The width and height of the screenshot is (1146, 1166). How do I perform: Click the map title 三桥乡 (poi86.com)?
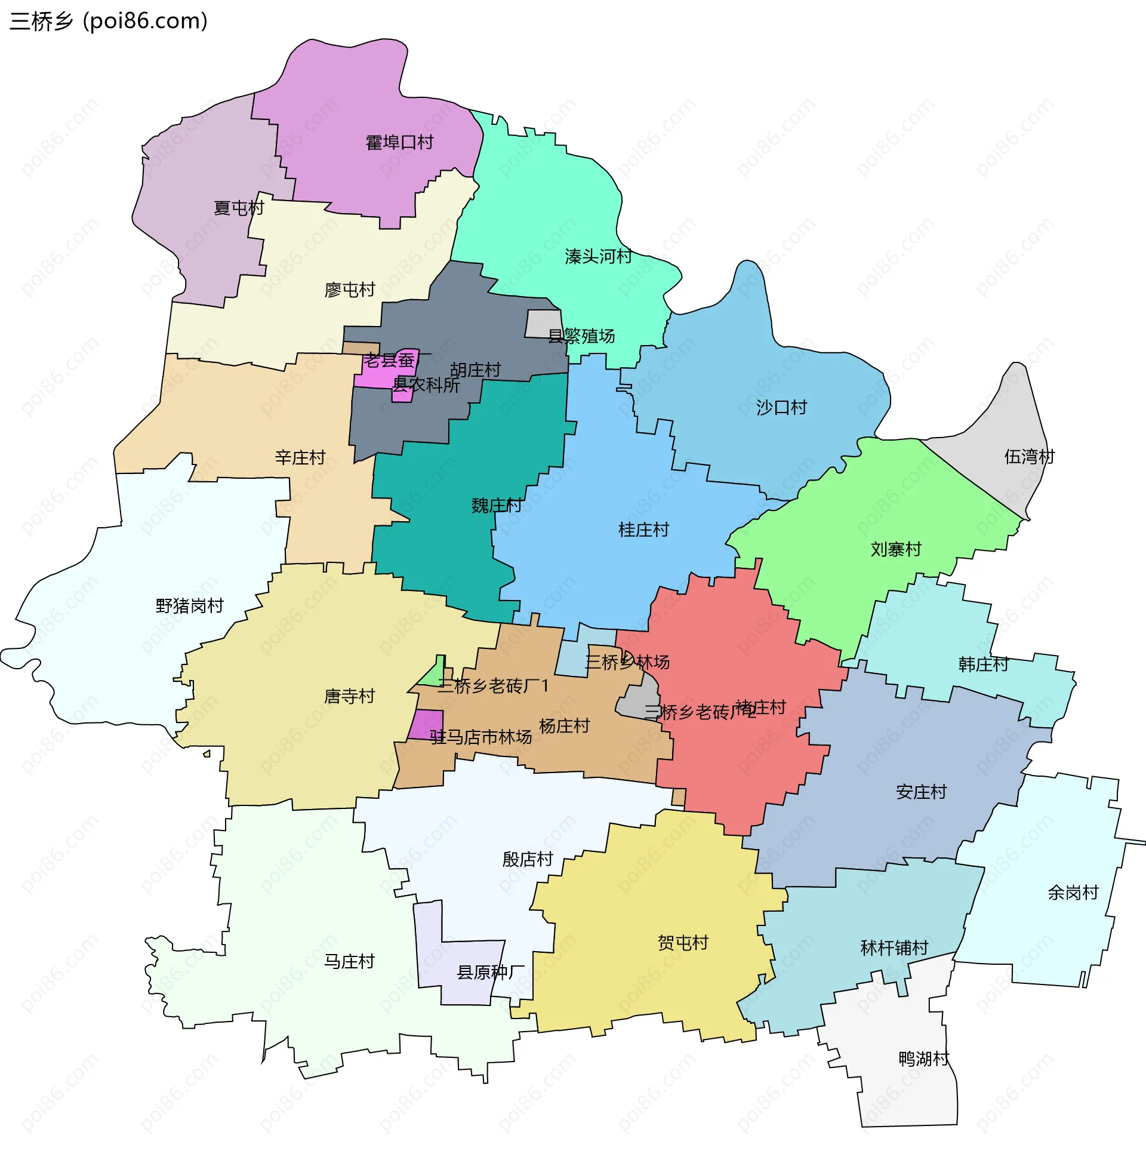[109, 21]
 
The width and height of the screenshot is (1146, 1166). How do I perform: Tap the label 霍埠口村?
[399, 143]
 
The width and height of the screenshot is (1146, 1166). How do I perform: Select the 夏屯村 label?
[239, 208]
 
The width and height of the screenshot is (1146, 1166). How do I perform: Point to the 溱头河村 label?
[597, 257]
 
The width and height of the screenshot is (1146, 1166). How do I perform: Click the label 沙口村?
[781, 408]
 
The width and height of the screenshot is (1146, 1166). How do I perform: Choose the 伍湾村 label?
[1029, 457]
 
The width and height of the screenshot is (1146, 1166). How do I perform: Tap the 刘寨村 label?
[896, 549]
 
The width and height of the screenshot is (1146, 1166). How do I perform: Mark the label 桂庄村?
[643, 530]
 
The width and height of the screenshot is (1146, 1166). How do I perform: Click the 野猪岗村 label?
[190, 605]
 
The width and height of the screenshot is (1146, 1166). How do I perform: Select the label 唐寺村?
[349, 697]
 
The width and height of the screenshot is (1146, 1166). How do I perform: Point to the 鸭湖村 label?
[923, 1059]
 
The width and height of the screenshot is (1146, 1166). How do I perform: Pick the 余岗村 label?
[1073, 892]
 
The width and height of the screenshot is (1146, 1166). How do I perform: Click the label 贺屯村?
[683, 943]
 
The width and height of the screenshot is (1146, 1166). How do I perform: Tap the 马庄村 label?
[349, 961]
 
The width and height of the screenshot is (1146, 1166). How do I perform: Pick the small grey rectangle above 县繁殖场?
[543, 322]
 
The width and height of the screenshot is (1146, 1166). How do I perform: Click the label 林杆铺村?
[894, 948]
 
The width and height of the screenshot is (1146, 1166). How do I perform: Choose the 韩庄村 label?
[984, 664]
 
